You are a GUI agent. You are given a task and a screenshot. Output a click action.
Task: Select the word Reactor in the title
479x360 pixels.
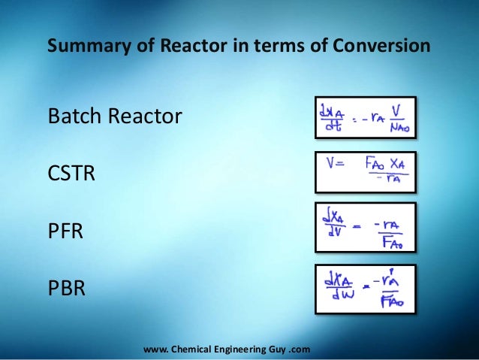(x=185, y=47)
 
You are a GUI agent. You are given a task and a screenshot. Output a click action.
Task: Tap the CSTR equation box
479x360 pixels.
(x=364, y=172)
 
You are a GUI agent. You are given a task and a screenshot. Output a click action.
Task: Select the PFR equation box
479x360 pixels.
(x=364, y=228)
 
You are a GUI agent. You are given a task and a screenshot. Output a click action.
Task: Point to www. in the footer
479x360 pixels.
(x=154, y=349)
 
